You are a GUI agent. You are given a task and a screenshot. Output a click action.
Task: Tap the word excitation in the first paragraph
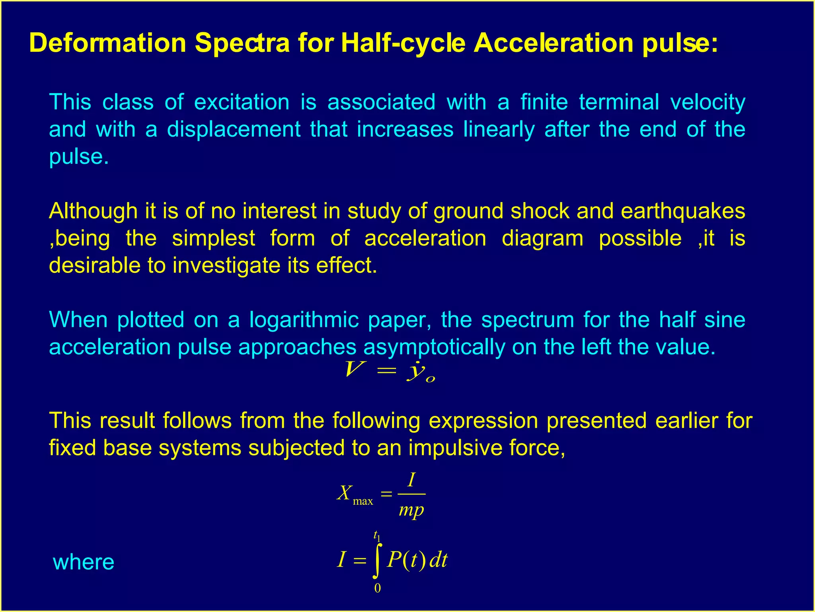pos(242,102)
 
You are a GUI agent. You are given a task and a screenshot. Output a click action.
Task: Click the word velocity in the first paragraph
pos(708,102)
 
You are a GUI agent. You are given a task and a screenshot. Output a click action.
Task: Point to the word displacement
pos(233,129)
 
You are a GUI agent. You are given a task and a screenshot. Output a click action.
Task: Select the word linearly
pos(499,129)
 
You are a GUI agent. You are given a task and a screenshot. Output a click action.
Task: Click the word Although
pos(93,211)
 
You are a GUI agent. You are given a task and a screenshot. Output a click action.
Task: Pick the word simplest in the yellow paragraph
pos(213,238)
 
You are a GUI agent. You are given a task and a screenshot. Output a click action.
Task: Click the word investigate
pos(226,265)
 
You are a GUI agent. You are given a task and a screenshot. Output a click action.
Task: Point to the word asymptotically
pos(434,347)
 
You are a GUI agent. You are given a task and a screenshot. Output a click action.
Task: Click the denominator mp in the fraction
pos(411,510)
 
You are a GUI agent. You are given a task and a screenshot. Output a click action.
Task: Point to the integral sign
pos(377,560)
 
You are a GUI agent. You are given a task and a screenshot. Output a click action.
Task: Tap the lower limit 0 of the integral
pos(377,588)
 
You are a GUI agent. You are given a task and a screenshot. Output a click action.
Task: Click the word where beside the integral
pos(84,562)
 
